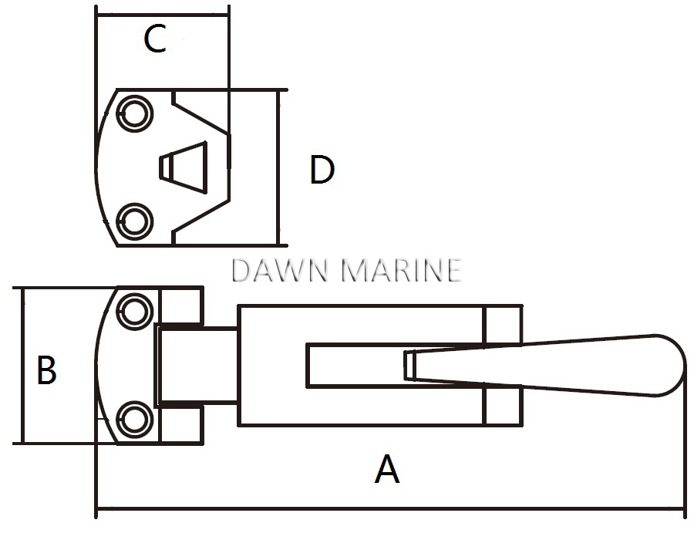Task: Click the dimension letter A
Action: tap(387, 469)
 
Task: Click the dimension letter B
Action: tap(47, 370)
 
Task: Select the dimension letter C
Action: tap(155, 39)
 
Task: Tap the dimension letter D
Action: tap(322, 170)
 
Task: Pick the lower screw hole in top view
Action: tap(135, 221)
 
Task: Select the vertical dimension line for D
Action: tap(278, 166)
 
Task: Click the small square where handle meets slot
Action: tap(409, 365)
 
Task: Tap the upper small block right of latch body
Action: tap(503, 324)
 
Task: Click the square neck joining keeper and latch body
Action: tap(197, 366)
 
